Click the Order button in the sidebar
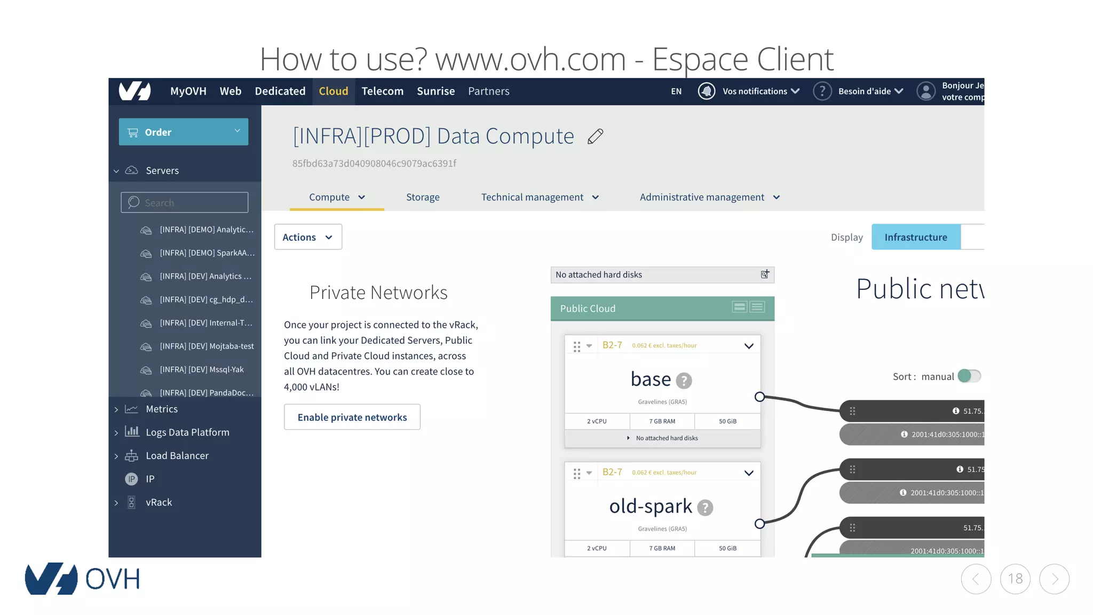(x=183, y=132)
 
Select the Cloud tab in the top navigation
(x=334, y=91)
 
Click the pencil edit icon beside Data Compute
(x=595, y=137)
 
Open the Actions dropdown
(x=308, y=237)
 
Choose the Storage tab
(x=423, y=198)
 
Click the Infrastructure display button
(x=916, y=237)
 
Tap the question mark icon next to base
(x=684, y=381)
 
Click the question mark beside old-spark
(x=705, y=508)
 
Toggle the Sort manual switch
(x=969, y=376)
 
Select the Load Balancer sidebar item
(x=177, y=456)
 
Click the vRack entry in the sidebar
(x=159, y=502)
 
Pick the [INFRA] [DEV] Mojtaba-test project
(x=207, y=346)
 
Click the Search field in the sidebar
(x=185, y=203)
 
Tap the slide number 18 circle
(x=1015, y=579)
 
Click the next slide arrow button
(x=1054, y=579)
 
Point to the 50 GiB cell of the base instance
(x=727, y=421)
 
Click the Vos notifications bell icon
(x=707, y=91)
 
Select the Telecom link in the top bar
(x=383, y=91)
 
